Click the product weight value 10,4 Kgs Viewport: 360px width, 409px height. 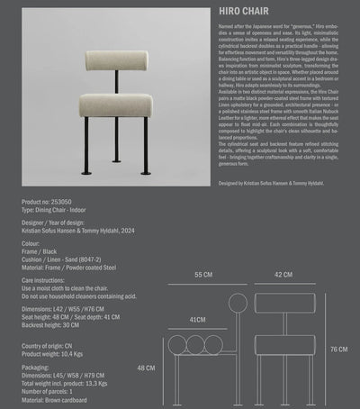click(x=80, y=354)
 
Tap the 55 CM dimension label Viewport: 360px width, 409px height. click(x=202, y=274)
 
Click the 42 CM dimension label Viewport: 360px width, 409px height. click(x=283, y=274)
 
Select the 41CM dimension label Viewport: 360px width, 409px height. click(x=200, y=320)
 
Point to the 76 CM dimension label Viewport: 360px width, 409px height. click(x=338, y=349)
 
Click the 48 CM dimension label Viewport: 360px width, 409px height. click(x=146, y=368)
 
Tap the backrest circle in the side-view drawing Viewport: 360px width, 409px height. click(x=238, y=303)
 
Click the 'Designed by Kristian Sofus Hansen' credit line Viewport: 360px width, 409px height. click(x=271, y=207)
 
